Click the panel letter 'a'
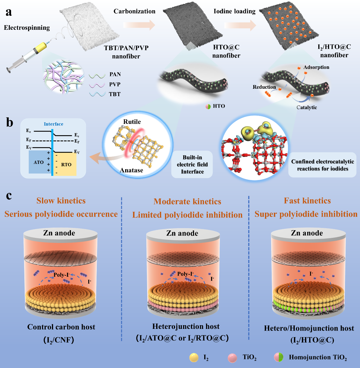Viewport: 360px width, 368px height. coord(9,12)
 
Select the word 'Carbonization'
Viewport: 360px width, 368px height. coord(134,11)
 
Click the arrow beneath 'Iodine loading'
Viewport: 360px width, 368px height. coord(240,26)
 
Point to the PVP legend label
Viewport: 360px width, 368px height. coord(115,84)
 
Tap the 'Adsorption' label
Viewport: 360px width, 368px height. coord(316,67)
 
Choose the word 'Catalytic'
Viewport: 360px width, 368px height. coord(307,107)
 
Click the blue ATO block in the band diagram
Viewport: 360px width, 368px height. coord(39,162)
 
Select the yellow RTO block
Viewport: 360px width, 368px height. coord(66,164)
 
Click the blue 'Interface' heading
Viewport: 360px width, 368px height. coord(53,124)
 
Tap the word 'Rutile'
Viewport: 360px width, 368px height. coord(132,122)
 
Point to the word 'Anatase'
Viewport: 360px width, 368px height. coord(131,170)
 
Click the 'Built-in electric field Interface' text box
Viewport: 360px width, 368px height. coord(192,164)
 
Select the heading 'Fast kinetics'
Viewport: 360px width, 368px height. coord(307,201)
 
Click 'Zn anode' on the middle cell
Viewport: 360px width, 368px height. coord(182,233)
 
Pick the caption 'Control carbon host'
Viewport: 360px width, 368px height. coord(61,327)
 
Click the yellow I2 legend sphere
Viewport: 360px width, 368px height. coord(194,358)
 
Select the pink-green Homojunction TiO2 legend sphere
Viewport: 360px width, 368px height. coord(279,357)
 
